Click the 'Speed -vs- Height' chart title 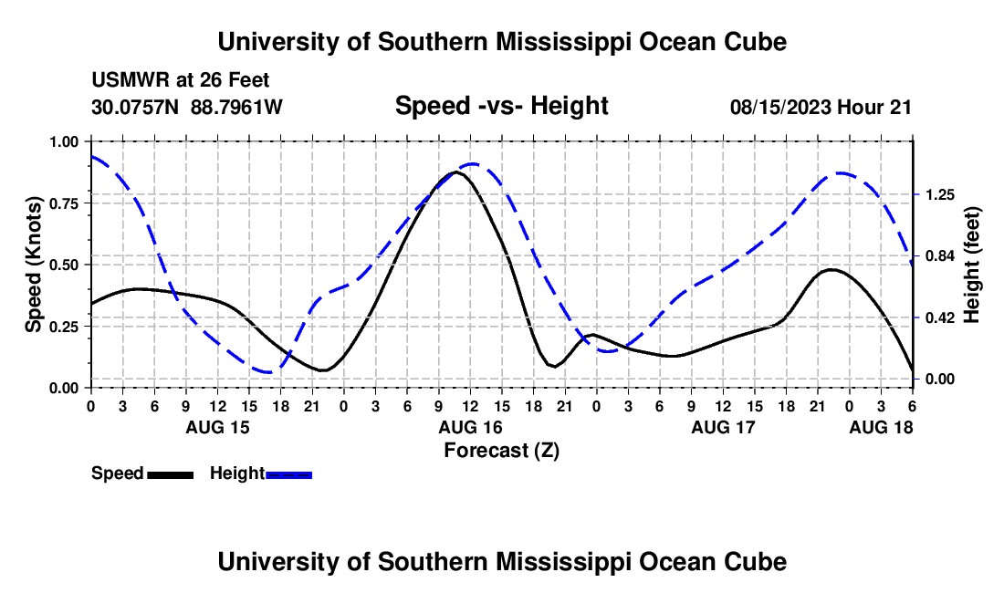pos(501,106)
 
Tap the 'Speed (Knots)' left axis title pos(34,265)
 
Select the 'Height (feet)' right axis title pos(971,265)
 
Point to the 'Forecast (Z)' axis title pos(501,450)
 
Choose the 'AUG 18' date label pos(881,427)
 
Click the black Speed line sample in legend pos(170,473)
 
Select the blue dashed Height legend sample pos(288,473)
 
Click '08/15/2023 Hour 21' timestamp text pos(821,108)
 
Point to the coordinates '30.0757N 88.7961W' pos(187,108)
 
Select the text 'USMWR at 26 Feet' pos(180,81)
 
